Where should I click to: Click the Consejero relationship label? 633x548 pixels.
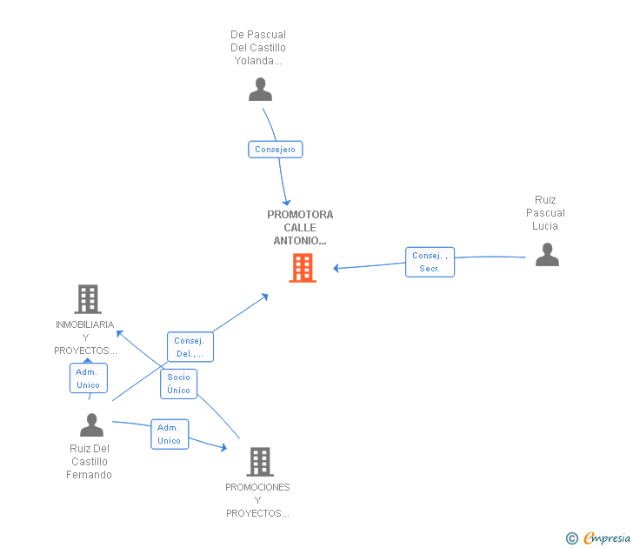click(275, 150)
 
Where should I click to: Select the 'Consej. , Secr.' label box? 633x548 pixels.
click(430, 262)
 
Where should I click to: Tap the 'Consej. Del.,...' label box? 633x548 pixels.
click(190, 347)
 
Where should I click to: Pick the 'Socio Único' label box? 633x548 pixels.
click(178, 384)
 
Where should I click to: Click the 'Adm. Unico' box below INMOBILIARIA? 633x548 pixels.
click(89, 378)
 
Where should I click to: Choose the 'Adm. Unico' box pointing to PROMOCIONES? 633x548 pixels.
click(170, 434)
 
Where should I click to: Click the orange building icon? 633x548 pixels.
click(303, 268)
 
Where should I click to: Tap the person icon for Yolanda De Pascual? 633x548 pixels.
click(260, 90)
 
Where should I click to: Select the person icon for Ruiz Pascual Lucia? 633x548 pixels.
click(547, 254)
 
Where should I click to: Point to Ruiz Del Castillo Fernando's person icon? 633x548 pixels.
click(91, 424)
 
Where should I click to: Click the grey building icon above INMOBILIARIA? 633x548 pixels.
click(88, 299)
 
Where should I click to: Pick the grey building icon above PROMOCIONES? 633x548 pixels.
click(260, 462)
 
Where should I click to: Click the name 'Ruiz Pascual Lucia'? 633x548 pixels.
click(545, 213)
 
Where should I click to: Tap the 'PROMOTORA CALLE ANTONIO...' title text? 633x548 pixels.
click(300, 228)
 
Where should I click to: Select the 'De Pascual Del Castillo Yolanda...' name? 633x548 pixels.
click(258, 48)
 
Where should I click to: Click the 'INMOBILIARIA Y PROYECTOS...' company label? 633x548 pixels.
click(85, 337)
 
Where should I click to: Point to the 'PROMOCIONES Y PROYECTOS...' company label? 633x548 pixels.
click(257, 500)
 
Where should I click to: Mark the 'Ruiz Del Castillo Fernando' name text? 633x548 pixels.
click(90, 462)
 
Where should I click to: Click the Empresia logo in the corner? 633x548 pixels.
click(598, 538)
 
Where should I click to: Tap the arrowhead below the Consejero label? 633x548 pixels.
click(286, 202)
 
